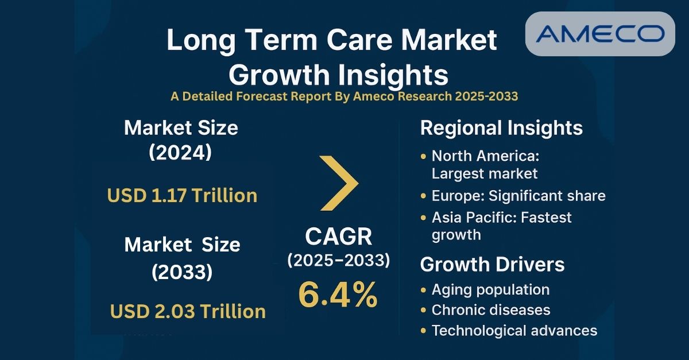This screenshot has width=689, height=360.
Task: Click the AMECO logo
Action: coord(600,34)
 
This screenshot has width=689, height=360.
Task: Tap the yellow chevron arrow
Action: coord(339,183)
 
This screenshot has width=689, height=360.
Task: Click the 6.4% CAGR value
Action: coord(338,295)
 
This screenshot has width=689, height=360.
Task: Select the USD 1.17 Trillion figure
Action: coord(182,195)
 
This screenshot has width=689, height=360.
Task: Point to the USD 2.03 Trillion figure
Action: coord(188,311)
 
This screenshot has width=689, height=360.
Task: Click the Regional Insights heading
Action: coord(501,128)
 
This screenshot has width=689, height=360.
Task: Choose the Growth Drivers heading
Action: coord(492,265)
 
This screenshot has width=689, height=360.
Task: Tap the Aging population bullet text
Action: coord(490,289)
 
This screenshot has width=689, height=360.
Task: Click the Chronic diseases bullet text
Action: coord(491,310)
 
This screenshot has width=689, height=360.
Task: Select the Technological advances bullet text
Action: coord(514,331)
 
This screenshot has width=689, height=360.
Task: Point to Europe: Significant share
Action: coord(518,195)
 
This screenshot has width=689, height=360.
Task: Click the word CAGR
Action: coord(338,237)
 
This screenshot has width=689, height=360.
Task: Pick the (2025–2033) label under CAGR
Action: coord(338,260)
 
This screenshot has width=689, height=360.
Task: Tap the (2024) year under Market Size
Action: coord(181,153)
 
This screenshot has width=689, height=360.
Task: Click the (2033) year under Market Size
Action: coord(182,273)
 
